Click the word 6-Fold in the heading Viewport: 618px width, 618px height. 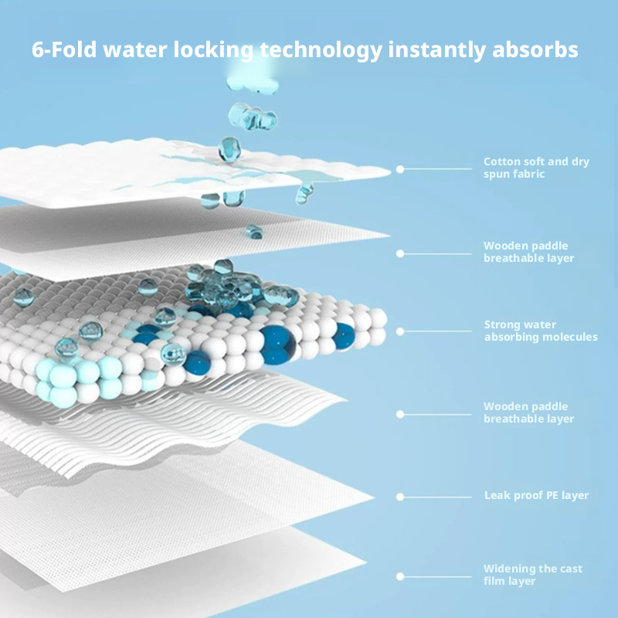[64, 49]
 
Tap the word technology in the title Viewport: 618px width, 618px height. [321, 51]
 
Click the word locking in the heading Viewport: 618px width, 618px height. [213, 51]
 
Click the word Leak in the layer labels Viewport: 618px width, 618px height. [494, 495]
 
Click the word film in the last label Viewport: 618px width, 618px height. [494, 581]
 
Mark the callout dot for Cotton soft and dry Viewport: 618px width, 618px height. [400, 169]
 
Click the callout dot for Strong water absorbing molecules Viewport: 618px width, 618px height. [400, 331]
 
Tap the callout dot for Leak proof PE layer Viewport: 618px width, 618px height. [400, 497]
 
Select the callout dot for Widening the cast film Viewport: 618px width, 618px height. [400, 576]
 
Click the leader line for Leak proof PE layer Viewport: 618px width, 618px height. [437, 497]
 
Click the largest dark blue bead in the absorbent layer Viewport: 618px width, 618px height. [278, 345]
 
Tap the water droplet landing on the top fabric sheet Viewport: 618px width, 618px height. [229, 149]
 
